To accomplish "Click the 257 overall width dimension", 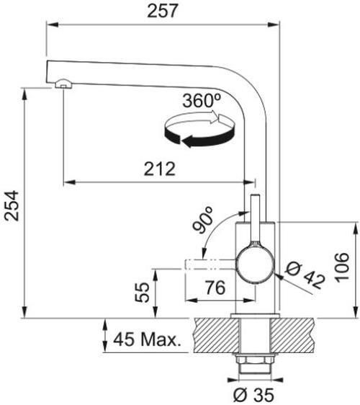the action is point(163,11).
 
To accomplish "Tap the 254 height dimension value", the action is point(12,206).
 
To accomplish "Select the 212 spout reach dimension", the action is point(160,169).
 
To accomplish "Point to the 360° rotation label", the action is point(202,100).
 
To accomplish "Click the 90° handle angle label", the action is point(203,220).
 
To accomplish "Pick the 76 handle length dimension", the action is point(215,288).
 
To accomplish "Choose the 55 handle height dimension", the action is point(142,293).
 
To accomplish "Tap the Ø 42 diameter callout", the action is point(305,275).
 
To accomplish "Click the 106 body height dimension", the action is point(342,268).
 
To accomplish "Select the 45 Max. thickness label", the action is point(147,339).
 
